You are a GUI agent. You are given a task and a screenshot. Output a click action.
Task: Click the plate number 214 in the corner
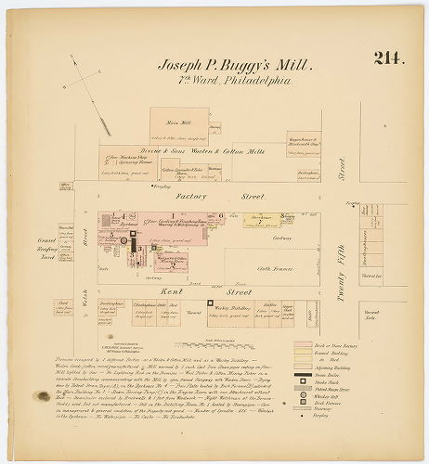[x=389, y=58]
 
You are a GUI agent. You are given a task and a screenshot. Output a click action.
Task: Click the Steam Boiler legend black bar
[x=301, y=376]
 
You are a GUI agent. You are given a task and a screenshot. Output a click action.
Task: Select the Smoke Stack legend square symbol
[x=301, y=383]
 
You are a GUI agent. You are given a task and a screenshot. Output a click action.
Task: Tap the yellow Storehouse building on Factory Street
[x=263, y=221]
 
